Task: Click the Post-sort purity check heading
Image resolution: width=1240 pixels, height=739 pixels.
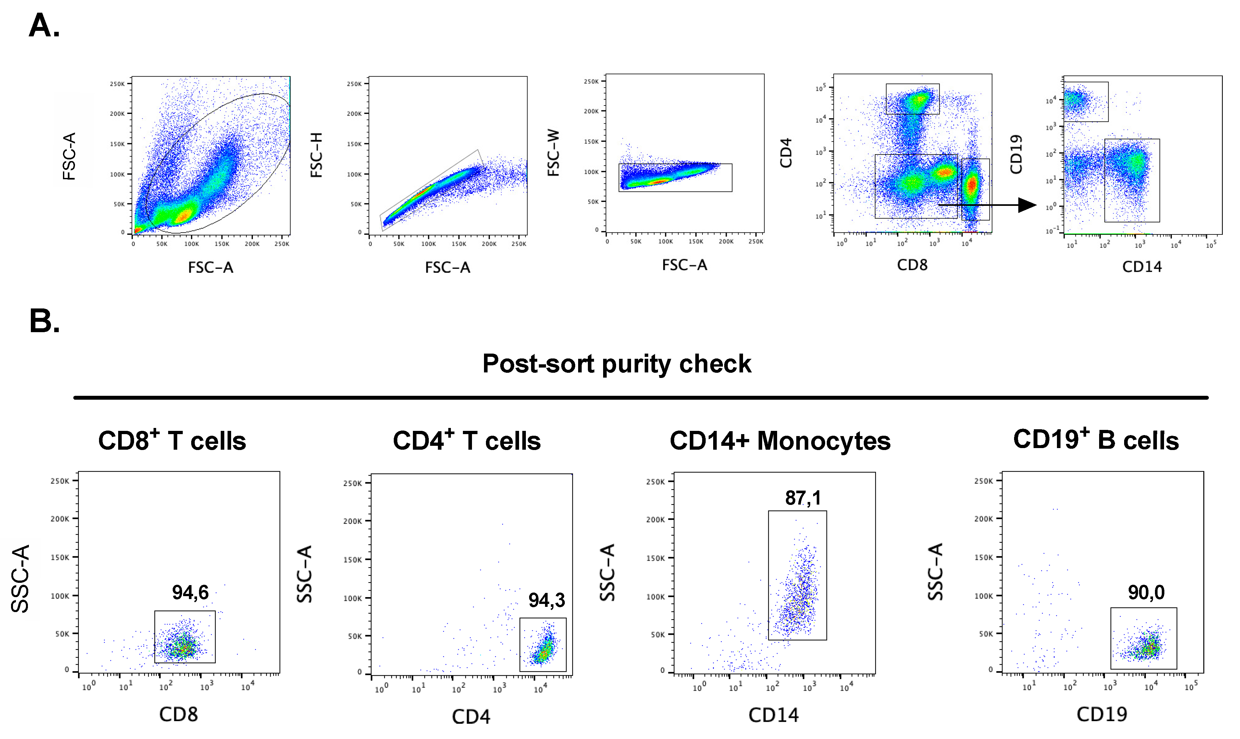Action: tap(616, 364)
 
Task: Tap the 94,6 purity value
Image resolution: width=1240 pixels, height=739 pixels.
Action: tap(190, 593)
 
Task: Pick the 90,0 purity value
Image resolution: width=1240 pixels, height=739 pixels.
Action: tap(1146, 593)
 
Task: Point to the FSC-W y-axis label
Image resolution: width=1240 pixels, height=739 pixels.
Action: tap(553, 153)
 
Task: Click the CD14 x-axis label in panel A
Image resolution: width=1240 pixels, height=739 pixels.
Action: tap(1141, 267)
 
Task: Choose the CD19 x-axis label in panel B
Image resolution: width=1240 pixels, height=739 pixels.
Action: tap(1102, 714)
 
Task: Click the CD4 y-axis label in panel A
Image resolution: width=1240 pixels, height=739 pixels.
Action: tap(786, 153)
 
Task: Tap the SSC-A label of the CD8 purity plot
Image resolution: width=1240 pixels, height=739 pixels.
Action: tap(21, 579)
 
